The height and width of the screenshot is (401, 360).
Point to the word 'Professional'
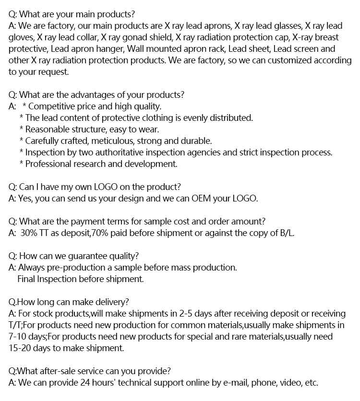tap(50, 164)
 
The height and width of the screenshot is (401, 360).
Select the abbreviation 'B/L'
tap(288, 233)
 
